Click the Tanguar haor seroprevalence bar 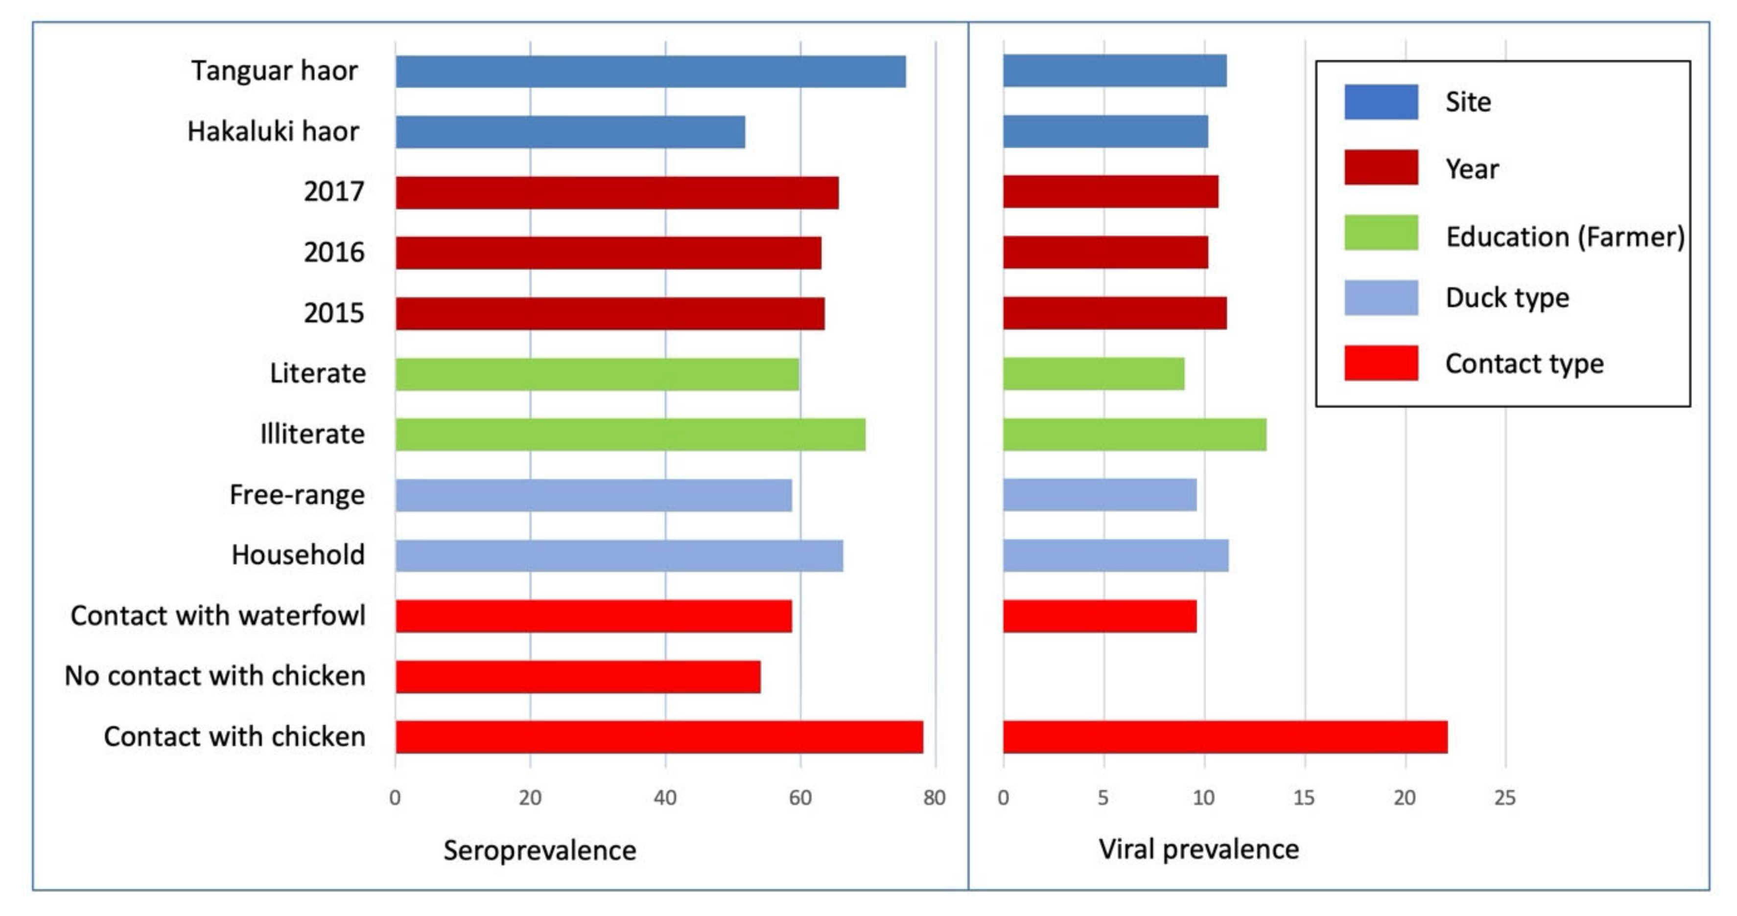[650, 71]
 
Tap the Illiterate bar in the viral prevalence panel [1134, 435]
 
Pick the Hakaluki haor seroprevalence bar [570, 132]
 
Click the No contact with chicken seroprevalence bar [578, 677]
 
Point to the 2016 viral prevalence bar [1105, 252]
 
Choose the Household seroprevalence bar [619, 556]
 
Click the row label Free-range [297, 495]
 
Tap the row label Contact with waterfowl [218, 616]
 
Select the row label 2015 [334, 313]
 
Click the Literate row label [318, 373]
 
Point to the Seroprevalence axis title [540, 850]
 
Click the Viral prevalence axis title [1198, 849]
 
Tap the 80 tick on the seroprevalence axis [934, 798]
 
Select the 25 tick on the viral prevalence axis [1504, 798]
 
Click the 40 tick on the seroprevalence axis [665, 798]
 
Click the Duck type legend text [1507, 298]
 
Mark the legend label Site [1468, 102]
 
